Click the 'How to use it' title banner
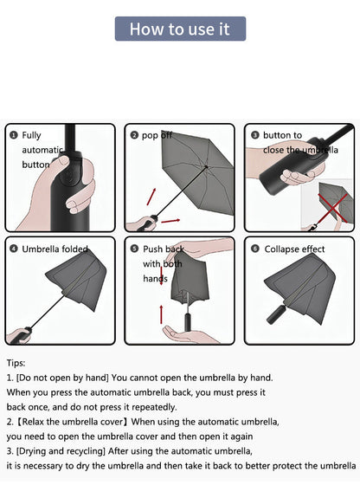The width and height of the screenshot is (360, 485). coord(180,29)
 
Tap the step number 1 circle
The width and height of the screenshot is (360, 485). coord(13,135)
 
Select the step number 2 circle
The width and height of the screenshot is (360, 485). coord(134,135)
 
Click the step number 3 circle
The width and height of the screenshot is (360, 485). coord(255,135)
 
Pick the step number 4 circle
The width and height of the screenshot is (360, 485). coord(13,249)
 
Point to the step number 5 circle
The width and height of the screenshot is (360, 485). coord(134,249)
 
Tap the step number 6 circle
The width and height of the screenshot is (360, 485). coord(255,249)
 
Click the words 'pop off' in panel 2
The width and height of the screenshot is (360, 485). coord(157,136)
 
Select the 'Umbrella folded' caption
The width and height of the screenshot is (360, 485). coord(55,249)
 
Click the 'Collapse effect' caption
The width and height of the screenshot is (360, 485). coord(295,249)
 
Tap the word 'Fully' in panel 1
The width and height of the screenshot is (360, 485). coord(32,136)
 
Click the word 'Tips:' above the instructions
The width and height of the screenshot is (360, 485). coord(16,364)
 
